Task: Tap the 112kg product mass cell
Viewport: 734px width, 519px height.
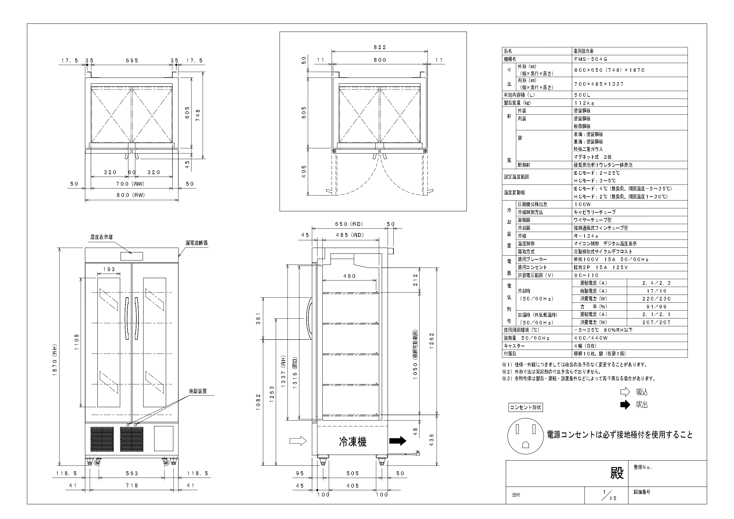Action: click(584, 103)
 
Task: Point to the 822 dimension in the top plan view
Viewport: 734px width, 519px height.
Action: click(380, 47)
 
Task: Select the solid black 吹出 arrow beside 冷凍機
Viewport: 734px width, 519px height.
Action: click(398, 441)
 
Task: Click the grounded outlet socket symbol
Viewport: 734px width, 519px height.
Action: click(525, 436)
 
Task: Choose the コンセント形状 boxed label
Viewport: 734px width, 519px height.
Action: click(525, 408)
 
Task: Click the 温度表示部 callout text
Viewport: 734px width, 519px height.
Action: click(101, 237)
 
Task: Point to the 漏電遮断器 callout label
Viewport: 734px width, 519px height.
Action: click(197, 243)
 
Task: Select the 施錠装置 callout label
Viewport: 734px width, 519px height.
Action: click(198, 391)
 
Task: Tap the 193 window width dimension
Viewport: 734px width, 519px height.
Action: click(109, 269)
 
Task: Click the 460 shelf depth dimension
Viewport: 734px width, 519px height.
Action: click(349, 276)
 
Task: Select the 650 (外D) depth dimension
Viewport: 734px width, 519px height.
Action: click(349, 224)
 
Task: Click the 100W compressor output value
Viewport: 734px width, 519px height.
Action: click(583, 204)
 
